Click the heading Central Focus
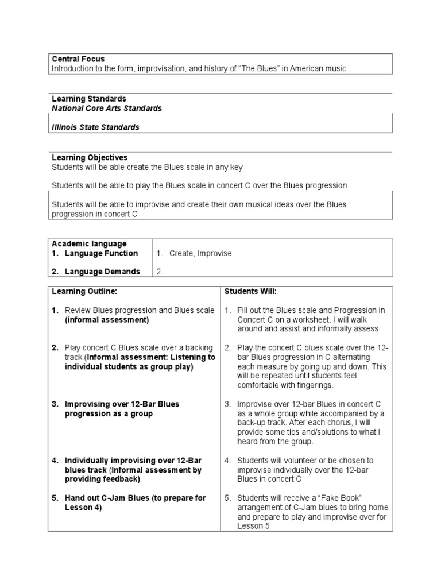pos(78,59)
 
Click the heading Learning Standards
pos(89,99)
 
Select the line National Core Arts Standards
pos(107,108)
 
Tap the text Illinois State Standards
pos(95,127)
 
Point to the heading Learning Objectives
pos(90,157)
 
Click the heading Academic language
pos(89,244)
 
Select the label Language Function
pos(101,253)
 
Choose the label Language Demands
pos(102,272)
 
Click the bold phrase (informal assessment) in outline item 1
pos(107,320)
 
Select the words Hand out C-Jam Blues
pos(107,498)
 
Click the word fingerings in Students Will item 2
pos(316,385)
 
